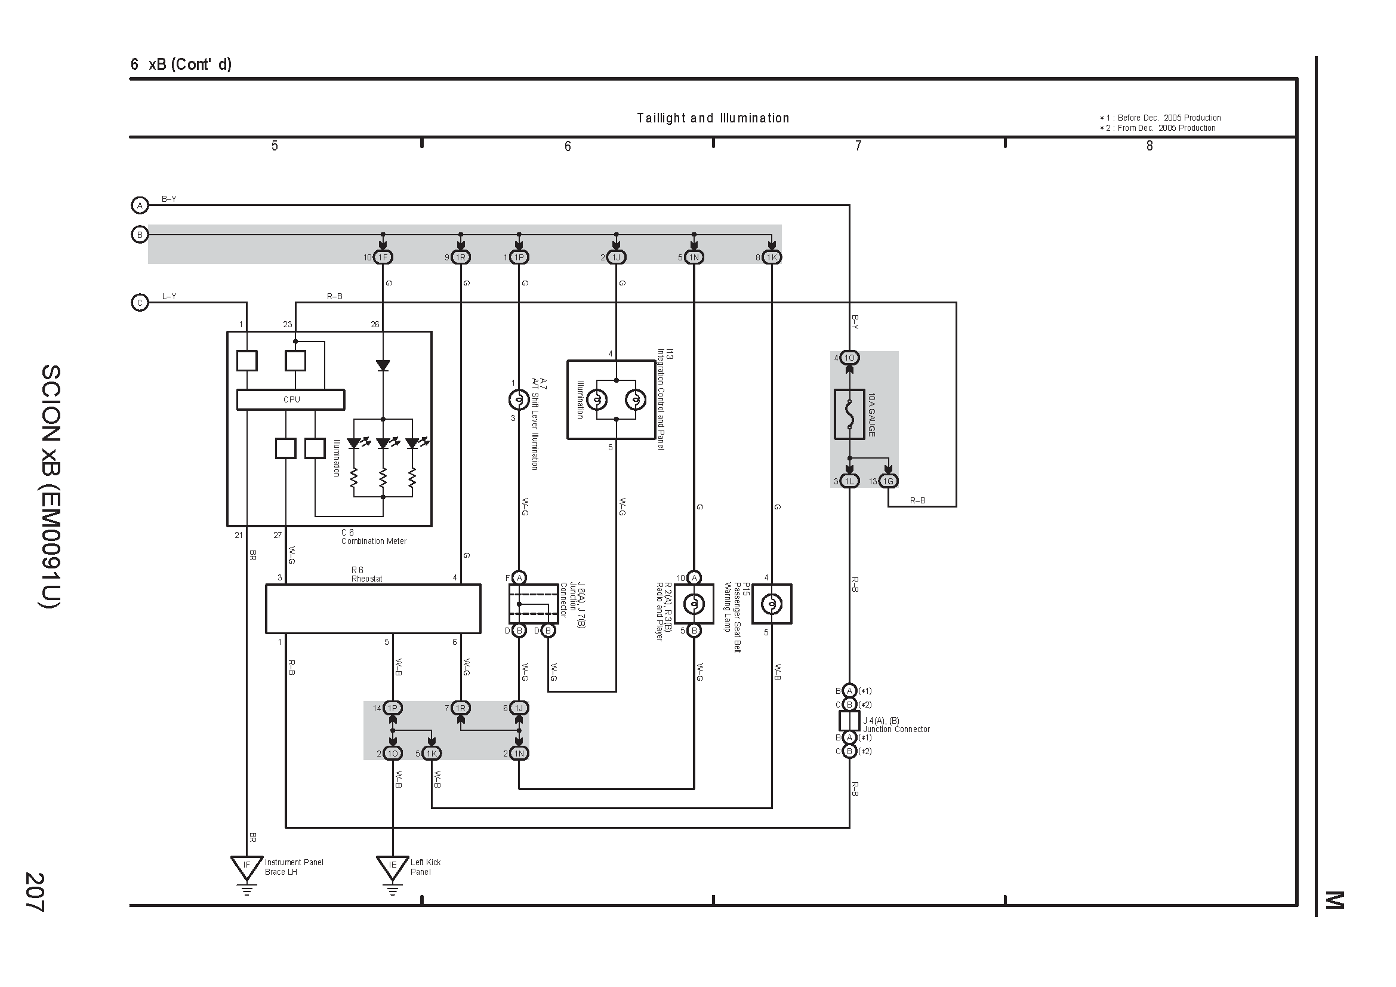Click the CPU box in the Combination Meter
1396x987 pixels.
click(291, 399)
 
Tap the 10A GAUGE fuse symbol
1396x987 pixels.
click(849, 414)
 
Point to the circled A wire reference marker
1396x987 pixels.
click(140, 205)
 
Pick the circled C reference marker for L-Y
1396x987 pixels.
click(140, 302)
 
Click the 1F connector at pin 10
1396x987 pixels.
click(383, 257)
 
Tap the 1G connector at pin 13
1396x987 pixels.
click(888, 481)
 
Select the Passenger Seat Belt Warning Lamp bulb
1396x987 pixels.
click(772, 604)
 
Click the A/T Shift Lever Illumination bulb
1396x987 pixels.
click(519, 399)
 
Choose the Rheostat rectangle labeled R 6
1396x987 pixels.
click(373, 609)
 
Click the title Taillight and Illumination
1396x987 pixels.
click(713, 118)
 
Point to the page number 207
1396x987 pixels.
click(34, 891)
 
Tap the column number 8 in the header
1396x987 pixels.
click(1149, 146)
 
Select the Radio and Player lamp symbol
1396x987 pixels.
click(694, 604)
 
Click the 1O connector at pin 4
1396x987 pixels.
click(849, 358)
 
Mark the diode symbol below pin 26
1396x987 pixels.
click(383, 365)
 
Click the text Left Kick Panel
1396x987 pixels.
click(425, 867)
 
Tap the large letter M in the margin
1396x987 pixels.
click(1334, 900)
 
